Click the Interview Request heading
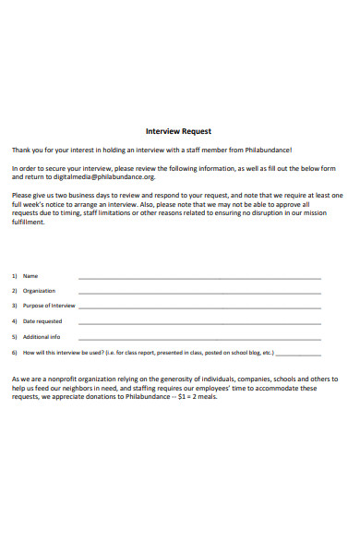pyautogui.click(x=179, y=131)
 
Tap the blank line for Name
pyautogui.click(x=199, y=277)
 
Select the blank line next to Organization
pyautogui.click(x=199, y=292)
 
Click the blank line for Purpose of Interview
pyautogui.click(x=199, y=307)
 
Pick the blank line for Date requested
pyautogui.click(x=199, y=322)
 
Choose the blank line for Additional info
pyautogui.click(x=199, y=338)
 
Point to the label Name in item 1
pyautogui.click(x=30, y=276)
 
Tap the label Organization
pyautogui.click(x=39, y=291)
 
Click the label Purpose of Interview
pyautogui.click(x=49, y=306)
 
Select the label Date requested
pyautogui.click(x=42, y=321)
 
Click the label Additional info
pyautogui.click(x=42, y=337)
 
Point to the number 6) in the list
pyautogui.click(x=15, y=353)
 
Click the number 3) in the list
pyautogui.click(x=15, y=306)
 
